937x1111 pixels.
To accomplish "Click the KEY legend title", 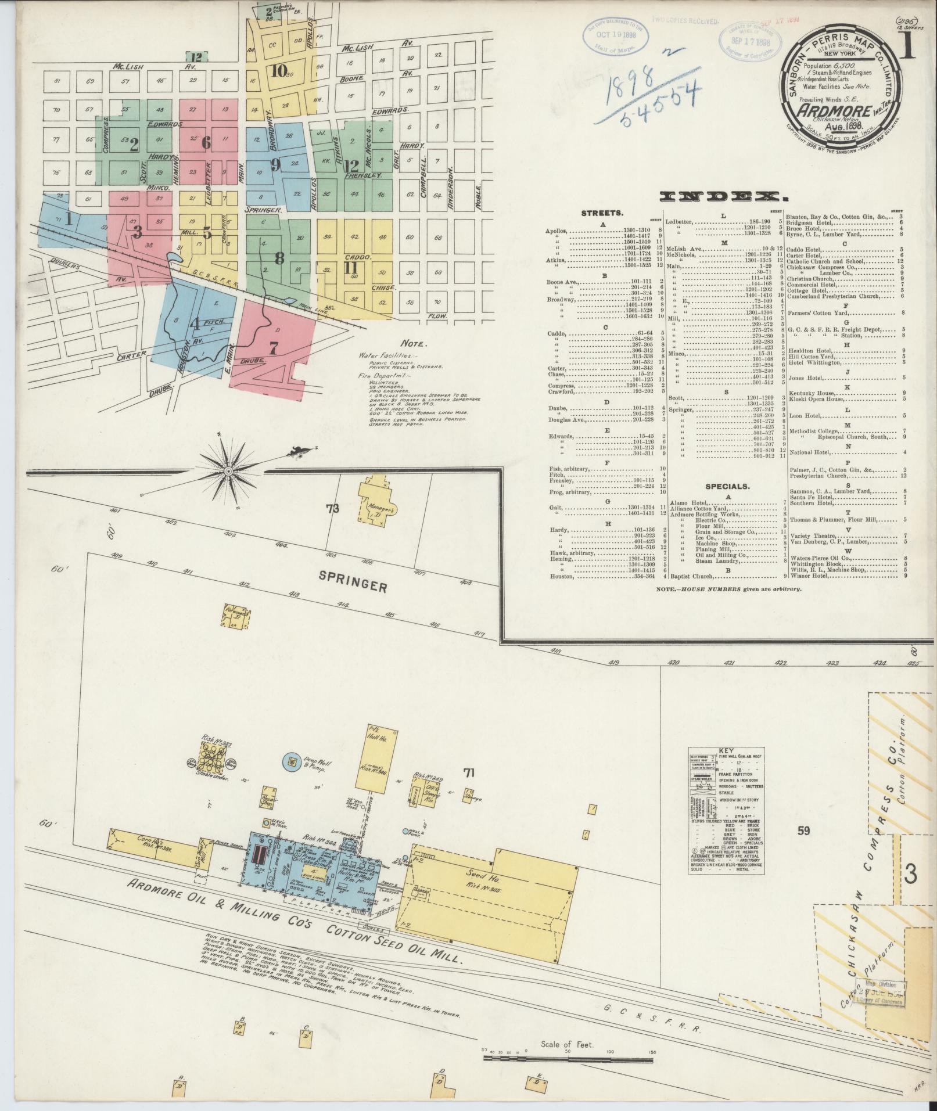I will tap(726, 750).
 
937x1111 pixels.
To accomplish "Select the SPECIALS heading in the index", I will tap(727, 486).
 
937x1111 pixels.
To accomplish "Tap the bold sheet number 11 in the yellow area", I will tap(350, 268).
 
